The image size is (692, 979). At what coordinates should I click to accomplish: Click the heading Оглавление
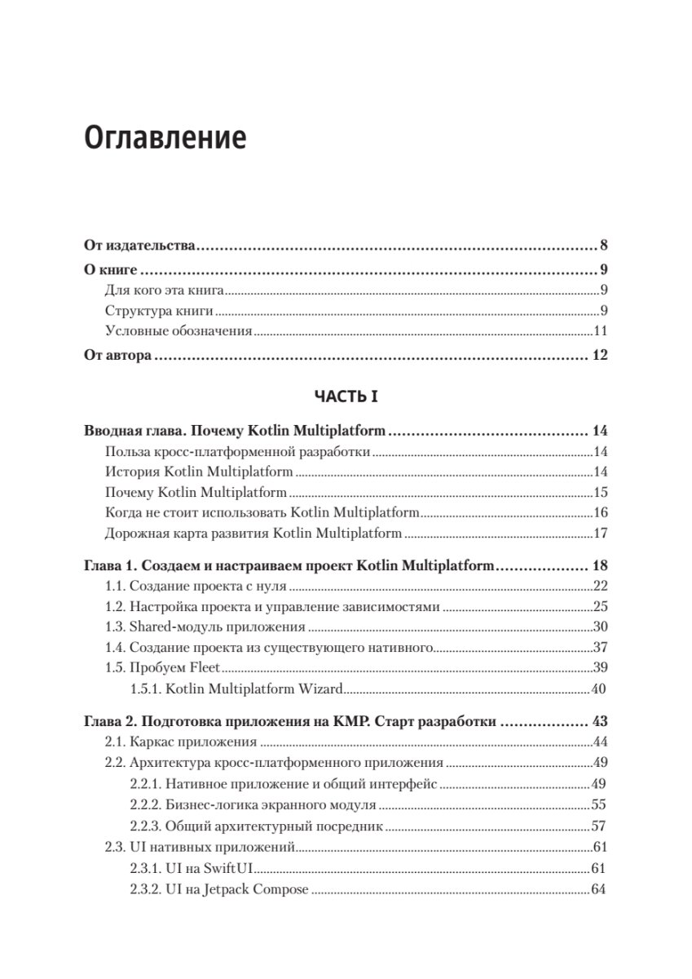tap(165, 136)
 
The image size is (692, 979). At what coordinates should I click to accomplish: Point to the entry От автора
tap(118, 356)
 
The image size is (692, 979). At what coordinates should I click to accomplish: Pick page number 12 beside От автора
tap(599, 356)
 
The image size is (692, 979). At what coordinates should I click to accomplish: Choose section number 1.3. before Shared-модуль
tap(116, 627)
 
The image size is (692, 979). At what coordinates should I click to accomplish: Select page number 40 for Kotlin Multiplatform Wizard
tap(599, 689)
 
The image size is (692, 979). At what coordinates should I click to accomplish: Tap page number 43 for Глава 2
tap(599, 721)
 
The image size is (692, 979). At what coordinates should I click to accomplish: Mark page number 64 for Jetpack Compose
tap(599, 888)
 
